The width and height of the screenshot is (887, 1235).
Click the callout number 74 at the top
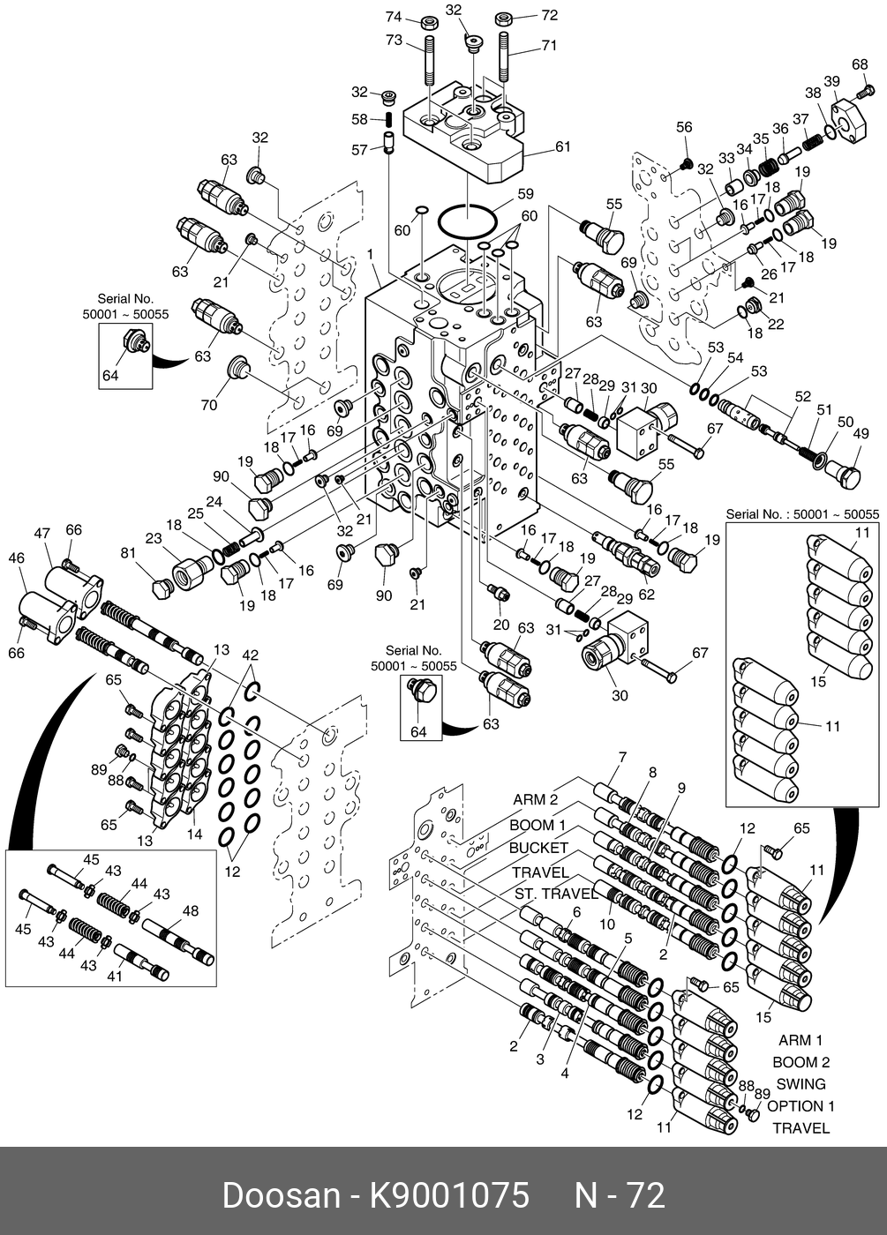(x=394, y=17)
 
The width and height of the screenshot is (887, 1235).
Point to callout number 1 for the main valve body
(x=371, y=254)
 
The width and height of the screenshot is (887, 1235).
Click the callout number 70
(x=208, y=405)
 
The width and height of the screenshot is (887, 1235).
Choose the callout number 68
(x=860, y=64)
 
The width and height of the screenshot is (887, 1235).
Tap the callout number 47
(x=42, y=533)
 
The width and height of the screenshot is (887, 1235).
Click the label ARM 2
(x=536, y=800)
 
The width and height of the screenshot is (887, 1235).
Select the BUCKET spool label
(x=539, y=848)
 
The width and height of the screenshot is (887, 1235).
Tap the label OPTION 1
(x=801, y=1106)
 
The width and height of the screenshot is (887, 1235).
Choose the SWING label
(x=801, y=1084)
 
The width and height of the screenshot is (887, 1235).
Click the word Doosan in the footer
(x=281, y=1195)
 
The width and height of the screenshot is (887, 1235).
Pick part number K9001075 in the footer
(x=449, y=1195)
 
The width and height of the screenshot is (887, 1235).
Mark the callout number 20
(x=501, y=625)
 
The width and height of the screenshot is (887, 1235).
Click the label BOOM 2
(x=801, y=1062)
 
